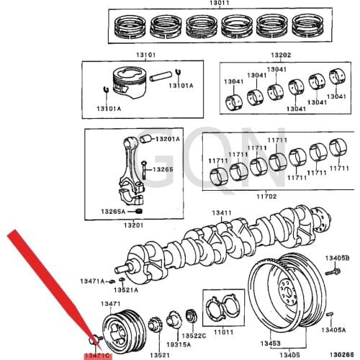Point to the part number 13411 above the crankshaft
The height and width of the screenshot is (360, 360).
pyautogui.click(x=221, y=214)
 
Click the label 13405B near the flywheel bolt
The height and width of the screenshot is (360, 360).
pyautogui.click(x=336, y=258)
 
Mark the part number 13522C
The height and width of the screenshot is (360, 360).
pyautogui.click(x=194, y=336)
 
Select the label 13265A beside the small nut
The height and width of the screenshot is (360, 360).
pyautogui.click(x=113, y=212)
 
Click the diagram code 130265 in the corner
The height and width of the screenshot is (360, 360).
pyautogui.click(x=343, y=354)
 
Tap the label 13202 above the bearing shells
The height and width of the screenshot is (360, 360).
pyautogui.click(x=281, y=55)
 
